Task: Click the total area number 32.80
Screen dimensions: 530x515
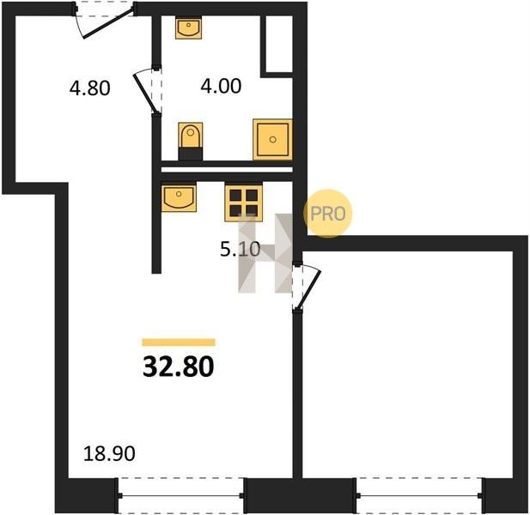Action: click(x=178, y=367)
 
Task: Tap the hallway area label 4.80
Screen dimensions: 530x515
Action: click(x=89, y=88)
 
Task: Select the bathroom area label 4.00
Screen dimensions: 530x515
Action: click(x=221, y=86)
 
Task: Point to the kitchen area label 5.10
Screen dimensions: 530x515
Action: click(x=240, y=250)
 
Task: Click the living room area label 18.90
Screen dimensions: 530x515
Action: click(x=109, y=453)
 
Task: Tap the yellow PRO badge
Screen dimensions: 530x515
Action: click(x=327, y=214)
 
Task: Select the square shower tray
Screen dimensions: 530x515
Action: click(x=272, y=139)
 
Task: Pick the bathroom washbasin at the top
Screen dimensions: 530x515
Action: click(x=188, y=28)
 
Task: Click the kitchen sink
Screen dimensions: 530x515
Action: click(x=179, y=198)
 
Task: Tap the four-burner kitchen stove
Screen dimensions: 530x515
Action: click(x=243, y=203)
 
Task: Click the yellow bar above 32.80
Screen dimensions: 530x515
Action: click(x=179, y=342)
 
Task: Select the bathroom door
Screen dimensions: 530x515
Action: click(x=147, y=91)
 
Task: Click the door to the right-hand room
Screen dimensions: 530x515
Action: click(x=306, y=286)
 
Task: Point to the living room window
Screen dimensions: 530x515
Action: click(x=181, y=495)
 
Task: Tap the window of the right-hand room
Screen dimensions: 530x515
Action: click(x=419, y=495)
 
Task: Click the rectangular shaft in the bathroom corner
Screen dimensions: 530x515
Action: click(x=276, y=45)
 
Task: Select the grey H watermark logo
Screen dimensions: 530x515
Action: click(x=265, y=253)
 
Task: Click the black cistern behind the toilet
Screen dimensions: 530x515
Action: click(x=191, y=154)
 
